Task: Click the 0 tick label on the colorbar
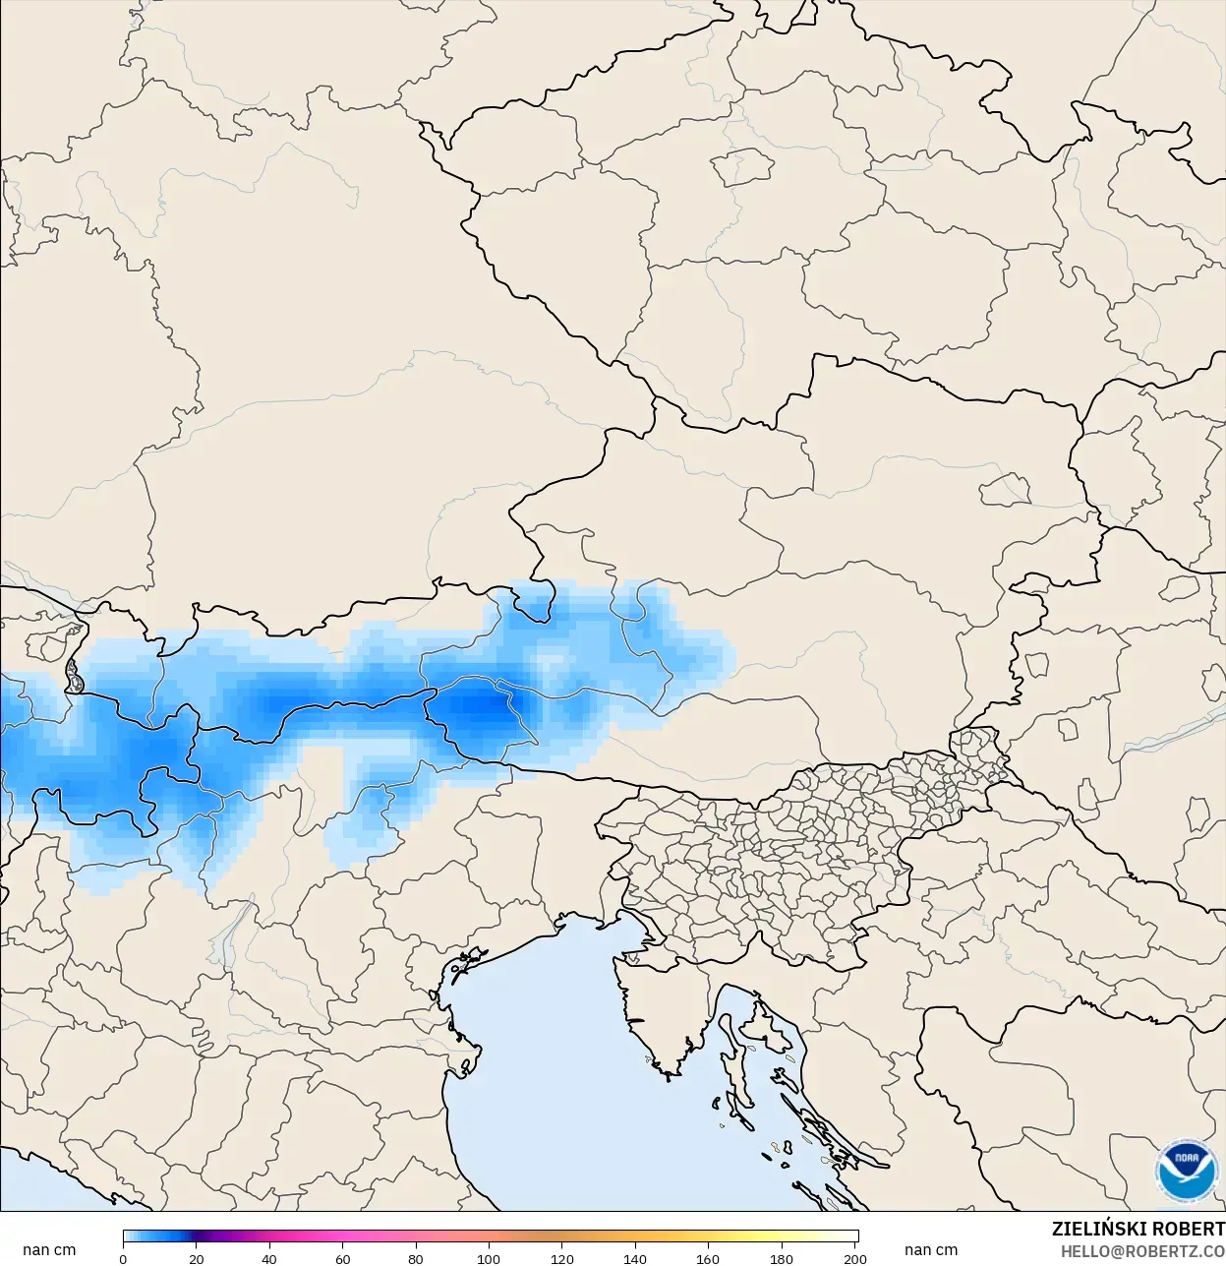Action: [x=123, y=1258]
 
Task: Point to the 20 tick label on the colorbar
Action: [x=197, y=1258]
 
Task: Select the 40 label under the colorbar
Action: [x=269, y=1258]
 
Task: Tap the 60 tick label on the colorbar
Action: [x=343, y=1258]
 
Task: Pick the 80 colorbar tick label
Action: [x=416, y=1258]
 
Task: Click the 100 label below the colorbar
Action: [x=489, y=1258]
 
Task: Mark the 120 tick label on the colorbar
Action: [x=562, y=1258]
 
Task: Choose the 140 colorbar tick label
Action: [x=635, y=1258]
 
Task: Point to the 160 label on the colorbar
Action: [x=708, y=1258]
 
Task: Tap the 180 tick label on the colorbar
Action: [x=782, y=1258]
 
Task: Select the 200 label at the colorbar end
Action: [x=854, y=1258]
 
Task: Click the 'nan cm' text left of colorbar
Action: [x=49, y=1249]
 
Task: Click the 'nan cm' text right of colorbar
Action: [x=931, y=1249]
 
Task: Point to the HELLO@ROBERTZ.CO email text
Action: [x=1142, y=1250]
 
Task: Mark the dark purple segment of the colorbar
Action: [x=198, y=1236]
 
